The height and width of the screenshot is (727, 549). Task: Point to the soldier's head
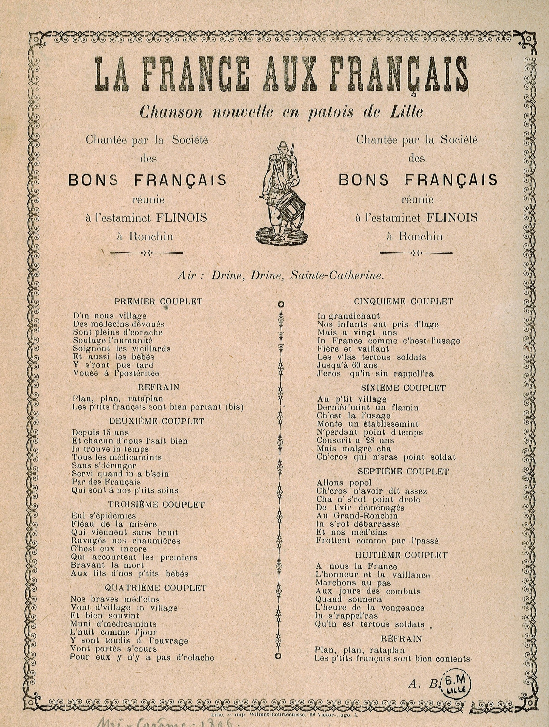(282, 148)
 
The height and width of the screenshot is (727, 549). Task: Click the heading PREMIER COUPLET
(158, 301)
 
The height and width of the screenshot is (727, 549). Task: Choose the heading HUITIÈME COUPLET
(401, 555)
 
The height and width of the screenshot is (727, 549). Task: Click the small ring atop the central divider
(280, 304)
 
